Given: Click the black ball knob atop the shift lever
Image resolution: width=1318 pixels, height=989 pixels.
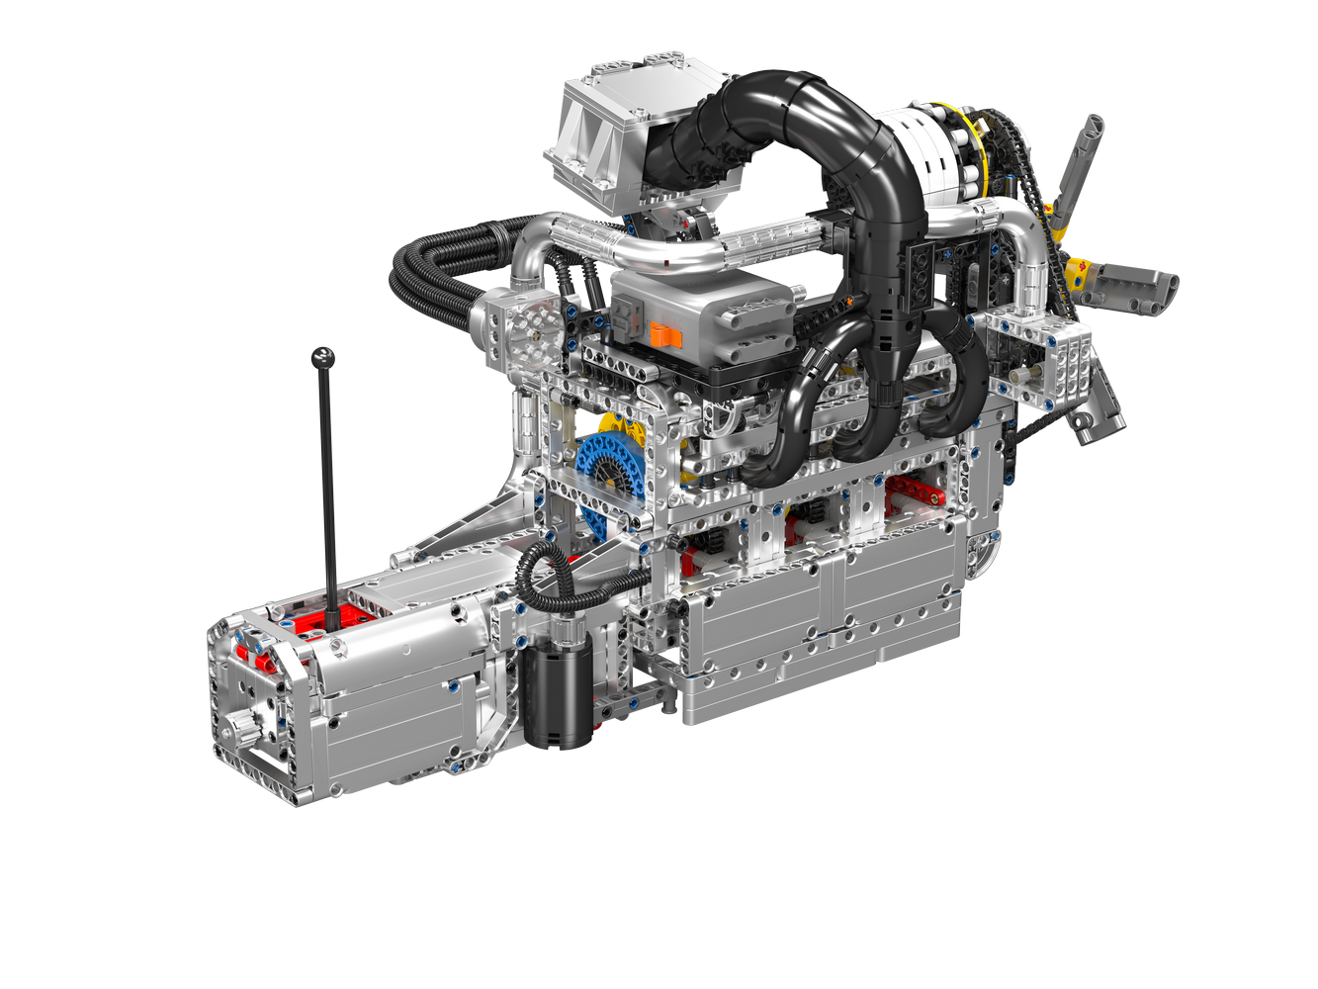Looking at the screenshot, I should [322, 357].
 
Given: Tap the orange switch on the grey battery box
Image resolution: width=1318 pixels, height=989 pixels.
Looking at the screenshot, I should [666, 336].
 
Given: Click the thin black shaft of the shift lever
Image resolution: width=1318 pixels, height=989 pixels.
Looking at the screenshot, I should [328, 494].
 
